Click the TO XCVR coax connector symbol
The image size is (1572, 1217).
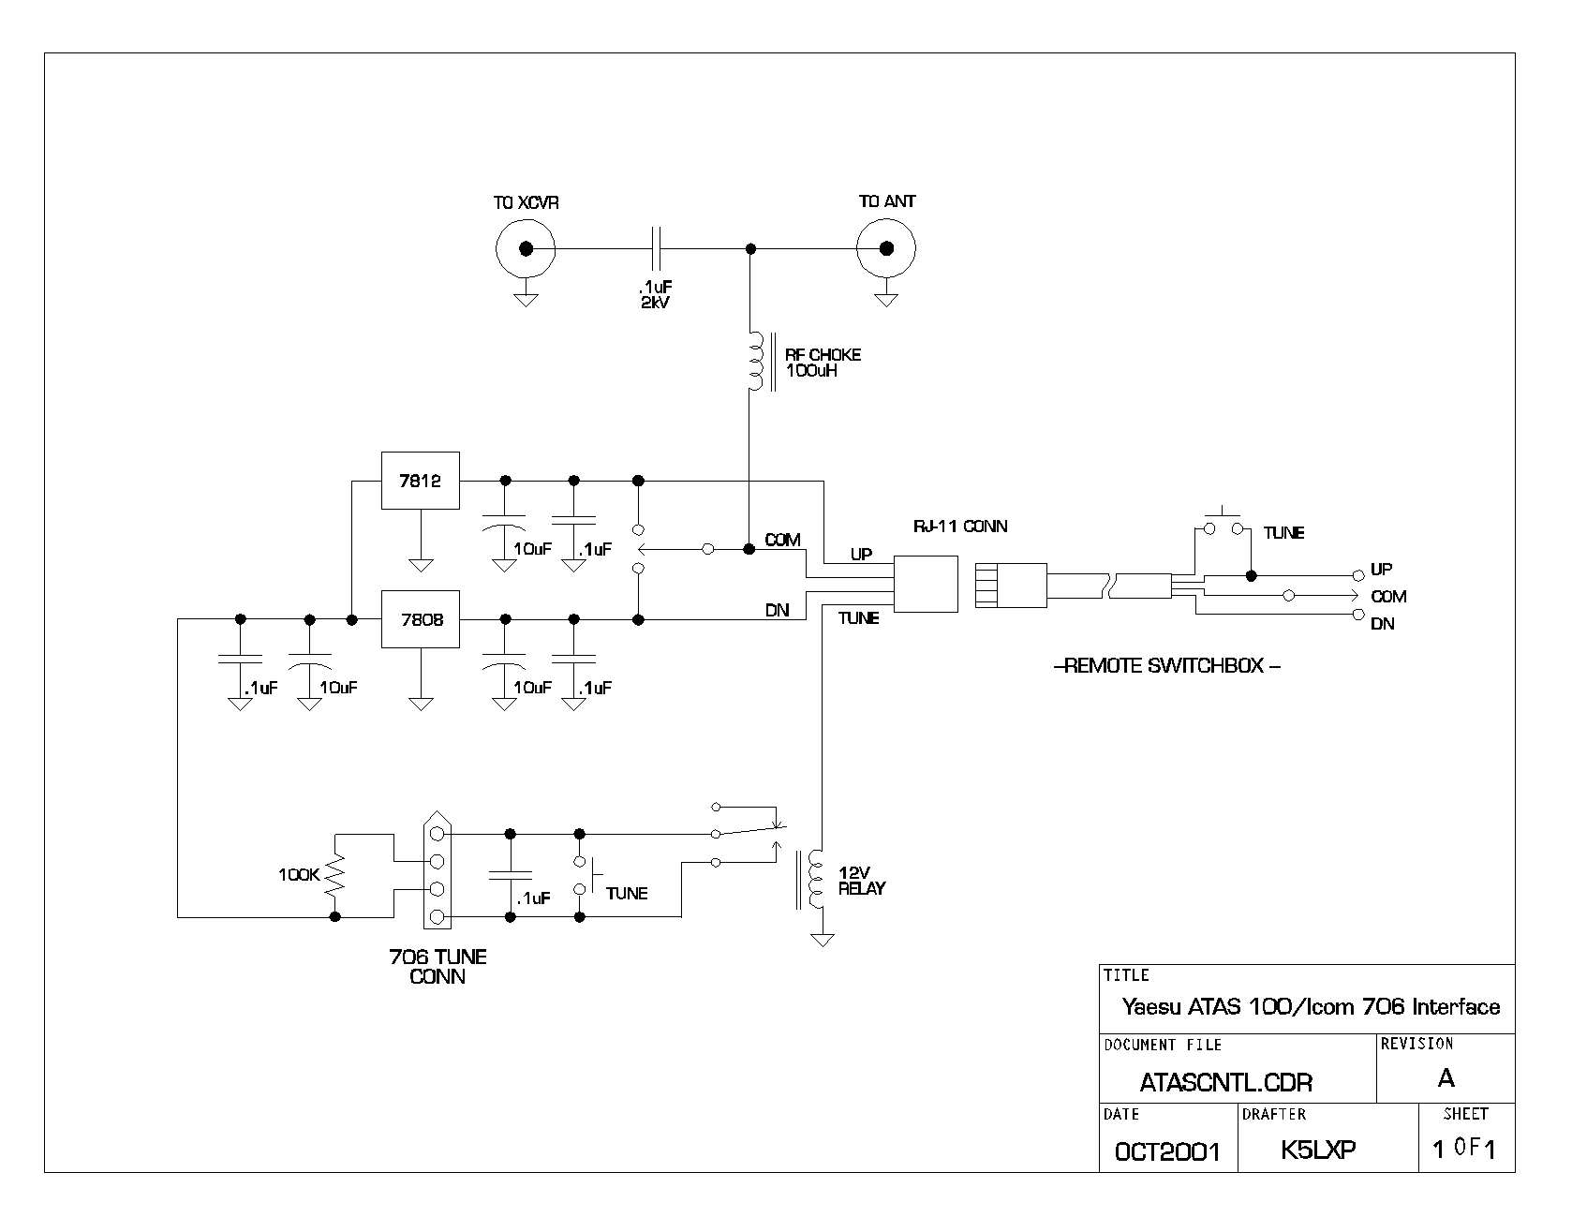point(526,248)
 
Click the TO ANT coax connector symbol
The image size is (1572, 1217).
point(885,248)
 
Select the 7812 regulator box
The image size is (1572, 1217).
point(421,481)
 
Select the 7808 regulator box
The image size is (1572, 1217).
point(421,619)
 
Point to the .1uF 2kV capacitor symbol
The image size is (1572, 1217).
point(658,248)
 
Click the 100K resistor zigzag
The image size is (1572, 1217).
point(334,875)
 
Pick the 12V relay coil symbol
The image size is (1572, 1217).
point(815,879)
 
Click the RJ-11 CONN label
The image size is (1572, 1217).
point(959,527)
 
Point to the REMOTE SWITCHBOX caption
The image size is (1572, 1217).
point(1167,667)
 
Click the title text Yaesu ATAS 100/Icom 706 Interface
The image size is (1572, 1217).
point(1311,1007)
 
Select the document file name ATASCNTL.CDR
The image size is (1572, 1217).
point(1225,1082)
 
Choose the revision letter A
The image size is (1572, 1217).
point(1446,1078)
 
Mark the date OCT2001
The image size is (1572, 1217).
point(1167,1151)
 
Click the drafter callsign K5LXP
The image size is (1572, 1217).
point(1318,1150)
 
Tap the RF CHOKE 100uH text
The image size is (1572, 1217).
point(823,363)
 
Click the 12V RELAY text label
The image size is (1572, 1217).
point(861,880)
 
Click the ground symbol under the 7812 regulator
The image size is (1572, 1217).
point(421,565)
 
